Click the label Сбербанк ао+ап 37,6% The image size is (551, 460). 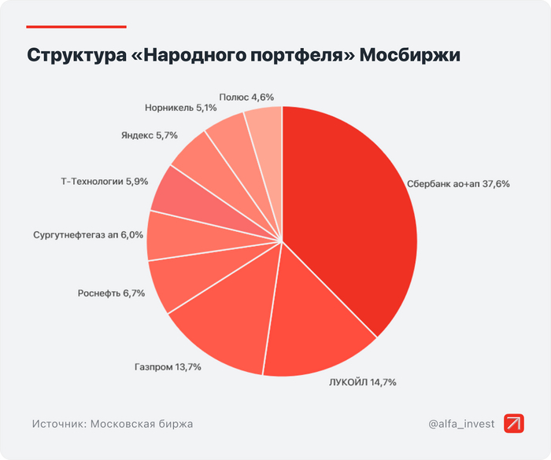pos(459,184)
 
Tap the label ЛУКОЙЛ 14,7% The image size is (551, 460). pos(362,382)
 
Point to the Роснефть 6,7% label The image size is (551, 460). pos(112,293)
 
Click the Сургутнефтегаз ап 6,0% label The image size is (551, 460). pos(88,234)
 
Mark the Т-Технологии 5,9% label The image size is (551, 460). pos(104,181)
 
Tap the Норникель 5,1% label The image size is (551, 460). pos(180,108)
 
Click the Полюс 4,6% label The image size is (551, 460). pos(246,97)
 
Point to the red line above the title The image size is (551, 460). pos(76,27)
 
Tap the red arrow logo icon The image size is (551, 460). pos(514,423)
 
